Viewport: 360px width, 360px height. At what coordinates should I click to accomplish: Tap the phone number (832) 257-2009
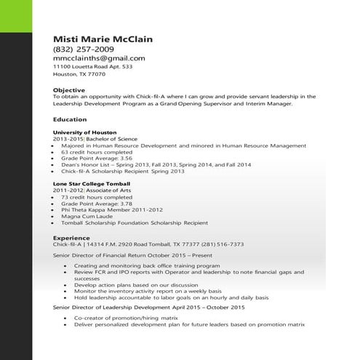tap(83, 49)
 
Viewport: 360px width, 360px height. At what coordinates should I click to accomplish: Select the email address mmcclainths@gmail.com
tap(99, 58)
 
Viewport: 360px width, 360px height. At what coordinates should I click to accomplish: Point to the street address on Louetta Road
tap(92, 66)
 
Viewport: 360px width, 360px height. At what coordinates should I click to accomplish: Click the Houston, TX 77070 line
tap(79, 74)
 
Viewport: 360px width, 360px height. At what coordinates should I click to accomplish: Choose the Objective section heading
tap(69, 89)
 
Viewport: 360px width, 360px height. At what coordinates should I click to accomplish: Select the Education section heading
tap(70, 119)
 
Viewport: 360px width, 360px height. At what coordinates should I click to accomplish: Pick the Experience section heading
tap(71, 237)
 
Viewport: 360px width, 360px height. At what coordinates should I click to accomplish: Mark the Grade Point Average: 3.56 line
tap(96, 158)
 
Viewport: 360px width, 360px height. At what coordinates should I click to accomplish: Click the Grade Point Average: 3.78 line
tap(96, 204)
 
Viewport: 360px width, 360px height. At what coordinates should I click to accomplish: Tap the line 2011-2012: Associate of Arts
tap(87, 191)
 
